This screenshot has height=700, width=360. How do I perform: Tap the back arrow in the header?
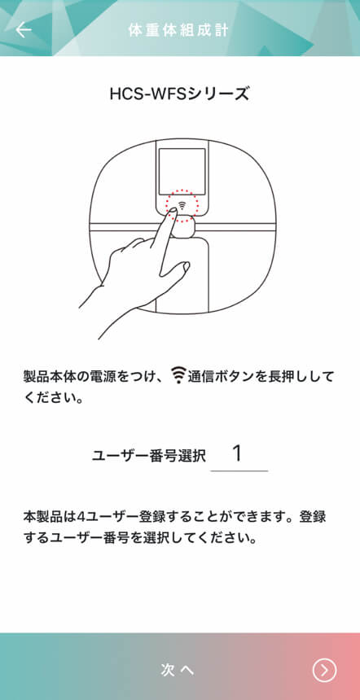tap(24, 30)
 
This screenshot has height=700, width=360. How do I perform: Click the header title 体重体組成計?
tap(178, 30)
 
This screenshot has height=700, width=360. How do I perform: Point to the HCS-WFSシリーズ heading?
tap(179, 94)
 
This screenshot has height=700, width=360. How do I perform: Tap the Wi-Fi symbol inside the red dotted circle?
tap(182, 205)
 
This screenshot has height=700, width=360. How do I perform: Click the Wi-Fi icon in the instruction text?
tap(178, 377)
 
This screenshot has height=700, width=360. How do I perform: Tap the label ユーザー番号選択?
tap(149, 456)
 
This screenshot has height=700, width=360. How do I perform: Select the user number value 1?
tap(238, 454)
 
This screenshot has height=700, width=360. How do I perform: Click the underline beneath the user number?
tap(239, 470)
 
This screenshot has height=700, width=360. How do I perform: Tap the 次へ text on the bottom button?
tap(178, 670)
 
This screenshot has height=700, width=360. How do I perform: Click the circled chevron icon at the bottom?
tap(324, 670)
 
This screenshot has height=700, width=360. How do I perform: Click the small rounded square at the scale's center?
tap(183, 227)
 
